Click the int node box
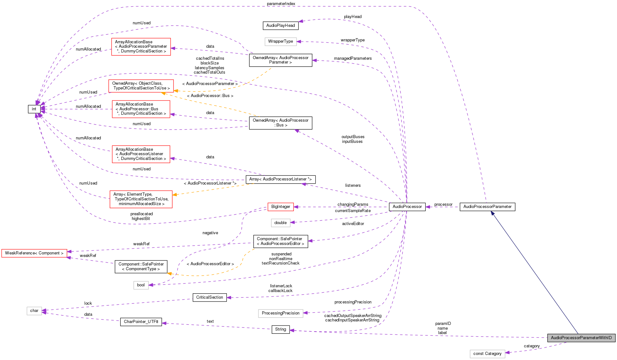pyautogui.click(x=34, y=109)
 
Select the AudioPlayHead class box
pyautogui.click(x=281, y=26)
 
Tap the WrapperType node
pyautogui.click(x=281, y=41)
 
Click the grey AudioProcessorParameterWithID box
pyautogui.click(x=581, y=338)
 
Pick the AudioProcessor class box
pyautogui.click(x=407, y=207)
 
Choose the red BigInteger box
pyautogui.click(x=281, y=207)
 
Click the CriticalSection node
pyautogui.click(x=209, y=297)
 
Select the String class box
pyautogui.click(x=281, y=329)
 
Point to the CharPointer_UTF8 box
pyautogui.click(x=141, y=322)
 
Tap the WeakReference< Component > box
pyautogui.click(x=34, y=253)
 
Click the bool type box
pyautogui.click(x=141, y=285)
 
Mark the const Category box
pyautogui.click(x=487, y=354)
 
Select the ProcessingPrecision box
pyautogui.click(x=281, y=313)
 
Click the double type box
pyautogui.click(x=281, y=223)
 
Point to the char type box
pyautogui.click(x=34, y=311)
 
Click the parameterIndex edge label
pyautogui.click(x=281, y=4)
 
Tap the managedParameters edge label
pyautogui.click(x=353, y=58)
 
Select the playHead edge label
pyautogui.click(x=353, y=17)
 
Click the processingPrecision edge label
pyautogui.click(x=353, y=302)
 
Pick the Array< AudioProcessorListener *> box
pyautogui.click(x=281, y=179)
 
